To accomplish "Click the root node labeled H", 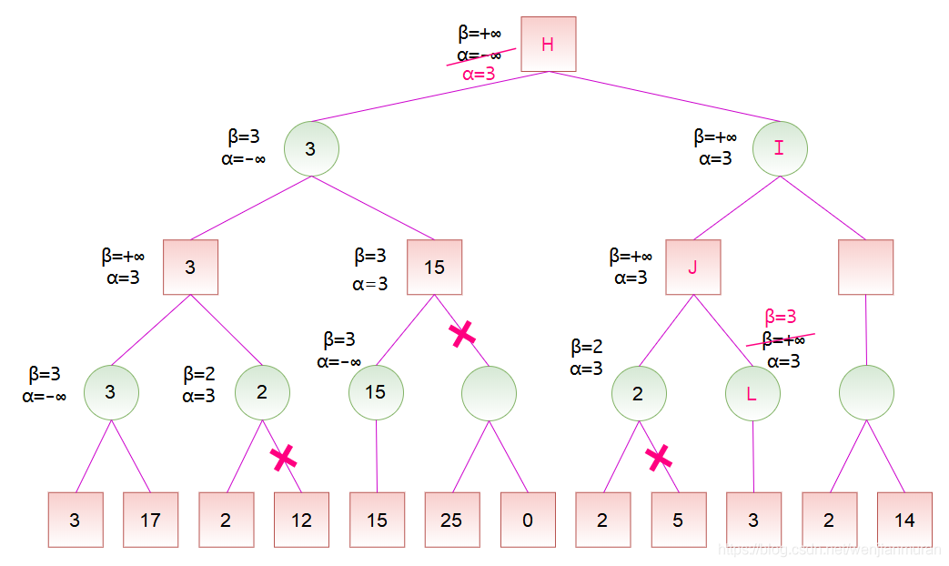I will click(x=548, y=44).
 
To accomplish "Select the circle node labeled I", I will click(x=779, y=147).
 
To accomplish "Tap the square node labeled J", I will click(x=692, y=267).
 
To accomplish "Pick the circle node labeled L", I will click(x=752, y=393).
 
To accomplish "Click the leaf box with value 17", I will click(x=150, y=520).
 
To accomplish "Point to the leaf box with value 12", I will click(x=301, y=520).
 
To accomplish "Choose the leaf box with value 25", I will click(x=451, y=520).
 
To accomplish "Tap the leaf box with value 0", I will click(x=528, y=520).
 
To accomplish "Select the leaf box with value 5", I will click(x=678, y=520).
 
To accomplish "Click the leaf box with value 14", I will click(x=904, y=520).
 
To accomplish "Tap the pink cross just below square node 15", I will click(x=462, y=334).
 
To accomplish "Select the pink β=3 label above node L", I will click(x=781, y=317).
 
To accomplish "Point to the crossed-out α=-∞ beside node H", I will click(x=480, y=56).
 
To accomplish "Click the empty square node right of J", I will click(x=865, y=267).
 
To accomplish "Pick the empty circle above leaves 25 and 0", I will click(x=489, y=393).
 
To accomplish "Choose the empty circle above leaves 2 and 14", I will click(x=866, y=393).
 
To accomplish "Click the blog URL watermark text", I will click(x=828, y=551).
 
